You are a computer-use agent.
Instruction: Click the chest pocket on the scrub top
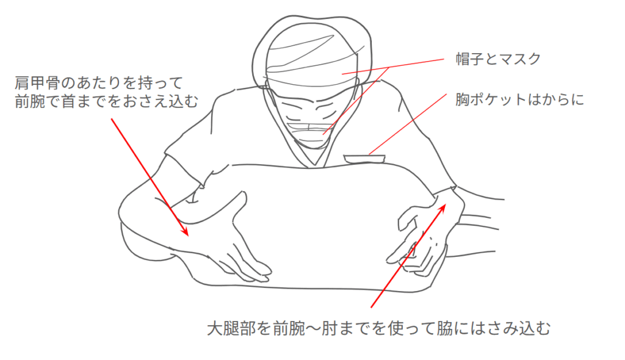tap(364, 159)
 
